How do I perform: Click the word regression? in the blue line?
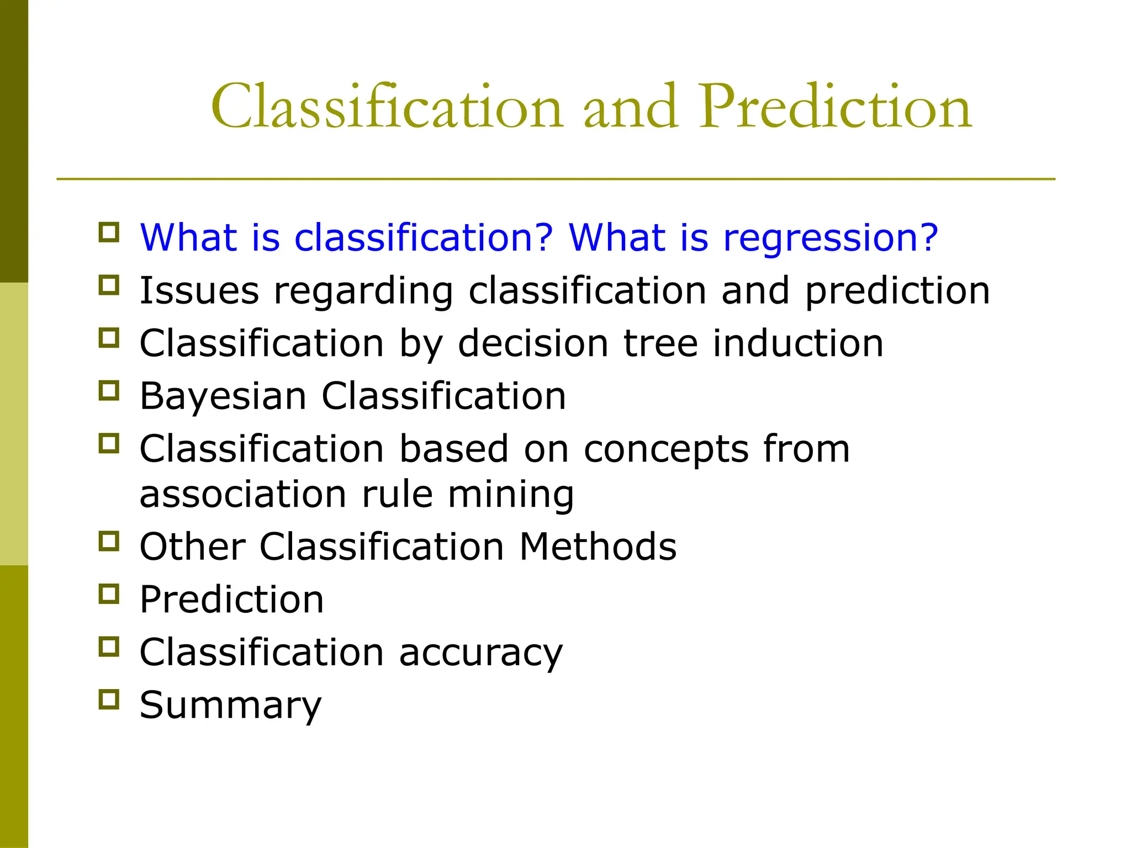click(x=830, y=238)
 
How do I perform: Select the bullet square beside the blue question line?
click(x=109, y=232)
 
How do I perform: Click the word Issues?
click(x=199, y=290)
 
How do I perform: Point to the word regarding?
click(x=363, y=291)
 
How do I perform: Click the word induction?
click(x=798, y=343)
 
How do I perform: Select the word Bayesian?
click(x=223, y=396)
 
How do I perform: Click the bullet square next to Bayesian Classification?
click(x=109, y=391)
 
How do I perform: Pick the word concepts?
click(x=666, y=449)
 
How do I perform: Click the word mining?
click(x=511, y=495)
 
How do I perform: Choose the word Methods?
click(x=598, y=547)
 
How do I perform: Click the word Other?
click(x=192, y=547)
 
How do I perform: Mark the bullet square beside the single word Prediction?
click(x=109, y=594)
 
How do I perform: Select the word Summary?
click(x=230, y=706)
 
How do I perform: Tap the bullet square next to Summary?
click(x=109, y=699)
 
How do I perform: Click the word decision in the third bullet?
click(x=533, y=343)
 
